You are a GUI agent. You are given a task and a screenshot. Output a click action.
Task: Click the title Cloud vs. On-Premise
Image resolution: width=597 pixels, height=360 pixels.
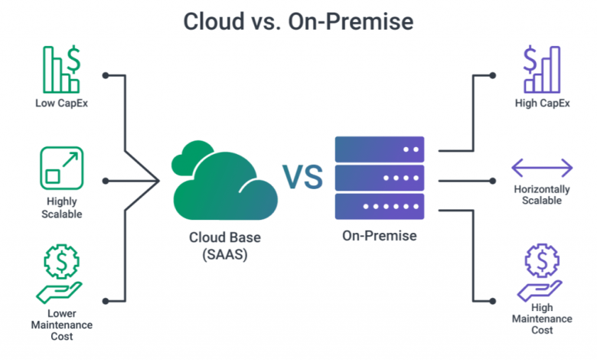pyautogui.click(x=298, y=21)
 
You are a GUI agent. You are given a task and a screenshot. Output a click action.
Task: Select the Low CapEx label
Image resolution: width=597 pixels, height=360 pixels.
pyautogui.click(x=60, y=103)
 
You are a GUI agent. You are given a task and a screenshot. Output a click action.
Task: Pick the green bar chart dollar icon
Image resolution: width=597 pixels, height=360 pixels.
pyautogui.click(x=60, y=70)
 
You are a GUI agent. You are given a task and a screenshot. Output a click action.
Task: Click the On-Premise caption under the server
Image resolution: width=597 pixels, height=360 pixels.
pyautogui.click(x=379, y=236)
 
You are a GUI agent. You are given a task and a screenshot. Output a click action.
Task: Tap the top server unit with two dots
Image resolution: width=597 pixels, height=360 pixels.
pyautogui.click(x=379, y=149)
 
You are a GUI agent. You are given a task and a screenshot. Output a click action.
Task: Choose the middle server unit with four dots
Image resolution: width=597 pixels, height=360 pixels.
pyautogui.click(x=379, y=178)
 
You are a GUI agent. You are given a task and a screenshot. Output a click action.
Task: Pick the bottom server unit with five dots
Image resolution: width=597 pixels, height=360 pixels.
pyautogui.click(x=379, y=207)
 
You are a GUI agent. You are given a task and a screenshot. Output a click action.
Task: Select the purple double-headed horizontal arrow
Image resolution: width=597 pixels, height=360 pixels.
pyautogui.click(x=542, y=168)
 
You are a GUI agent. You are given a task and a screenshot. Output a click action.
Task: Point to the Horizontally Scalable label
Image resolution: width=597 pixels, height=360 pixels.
pyautogui.click(x=542, y=194)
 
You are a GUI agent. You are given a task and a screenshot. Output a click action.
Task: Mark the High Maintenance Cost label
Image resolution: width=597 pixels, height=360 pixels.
pyautogui.click(x=542, y=318)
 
